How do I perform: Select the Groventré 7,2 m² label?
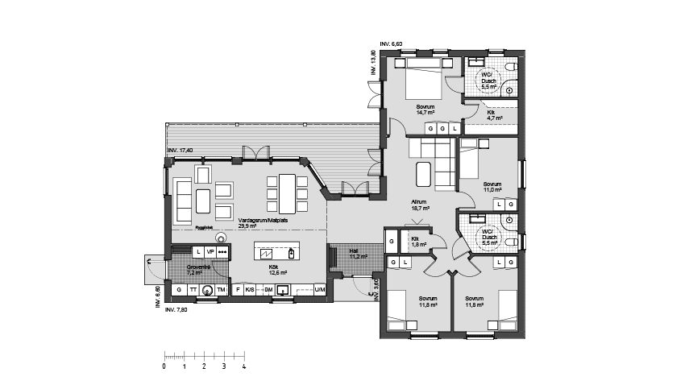198,270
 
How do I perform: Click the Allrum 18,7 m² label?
420,205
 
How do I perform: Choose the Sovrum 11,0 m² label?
492,187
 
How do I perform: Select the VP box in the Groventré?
211,252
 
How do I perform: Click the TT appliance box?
193,289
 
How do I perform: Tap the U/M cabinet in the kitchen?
319,289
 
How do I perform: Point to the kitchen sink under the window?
282,291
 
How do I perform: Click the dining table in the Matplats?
286,192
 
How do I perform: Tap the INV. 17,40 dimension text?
183,151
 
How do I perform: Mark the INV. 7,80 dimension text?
176,310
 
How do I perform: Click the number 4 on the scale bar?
243,366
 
